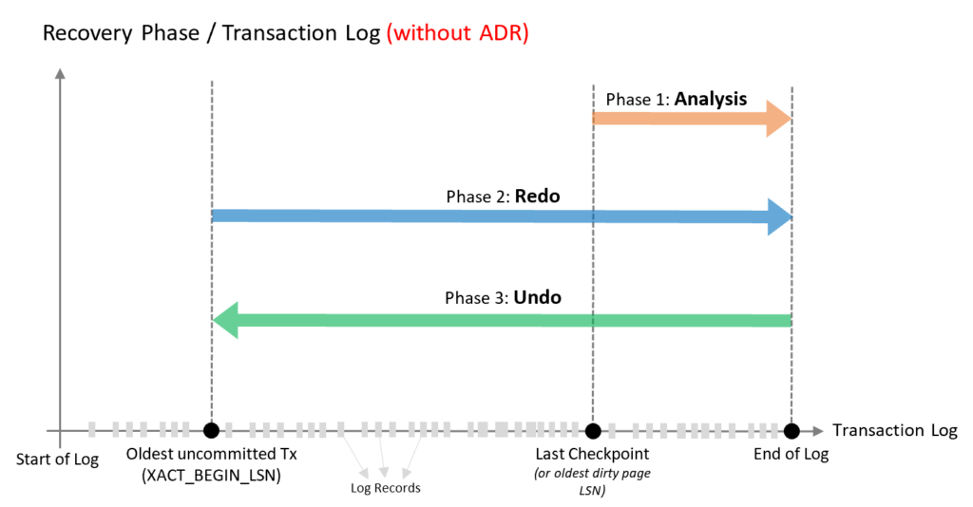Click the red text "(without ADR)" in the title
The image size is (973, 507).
pos(457,34)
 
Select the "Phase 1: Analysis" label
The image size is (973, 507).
pos(676,99)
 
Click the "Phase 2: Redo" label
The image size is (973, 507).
pos(503,197)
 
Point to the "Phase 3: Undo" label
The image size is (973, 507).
pos(503,297)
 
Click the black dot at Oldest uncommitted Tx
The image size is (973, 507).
pos(211,430)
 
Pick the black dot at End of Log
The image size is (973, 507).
pos(792,430)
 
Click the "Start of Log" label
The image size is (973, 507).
pos(58,460)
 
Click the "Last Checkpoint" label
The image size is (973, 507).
pos(592,454)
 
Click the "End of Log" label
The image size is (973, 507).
pos(791,454)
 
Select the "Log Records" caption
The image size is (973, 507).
pos(385,488)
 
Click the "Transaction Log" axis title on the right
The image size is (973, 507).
pos(894,430)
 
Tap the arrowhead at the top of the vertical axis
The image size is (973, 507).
pos(60,73)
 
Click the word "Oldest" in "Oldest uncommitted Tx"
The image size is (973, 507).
pos(150,454)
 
